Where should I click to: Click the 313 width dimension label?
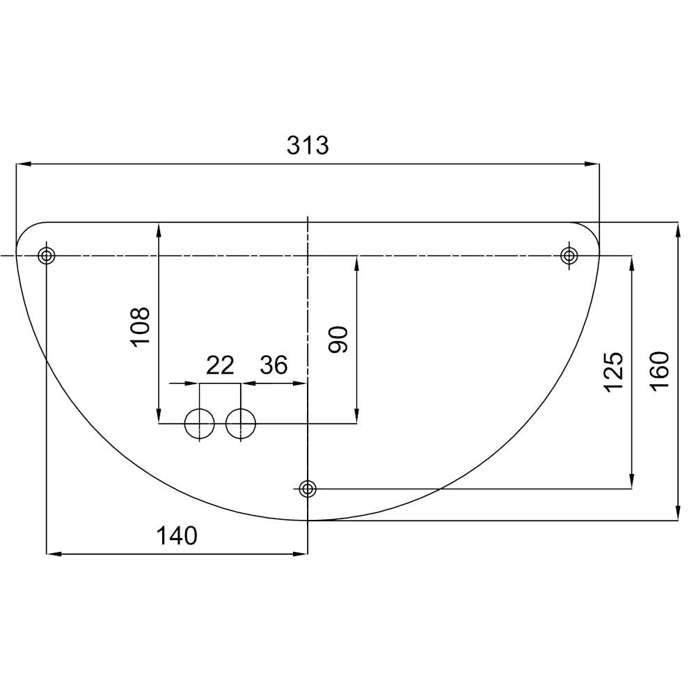308,145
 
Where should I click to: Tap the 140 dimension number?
177,536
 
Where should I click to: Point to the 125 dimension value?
614,372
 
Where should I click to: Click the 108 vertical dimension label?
141,326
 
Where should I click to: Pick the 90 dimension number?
338,340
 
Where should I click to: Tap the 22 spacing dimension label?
220,365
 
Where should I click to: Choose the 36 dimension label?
274,365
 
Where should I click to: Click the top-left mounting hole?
47,255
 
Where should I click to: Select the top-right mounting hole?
569,255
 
